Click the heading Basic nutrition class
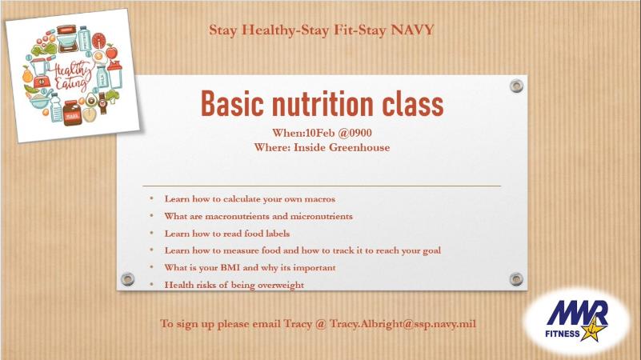pyautogui.click(x=321, y=104)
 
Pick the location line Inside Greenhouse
pyautogui.click(x=345, y=147)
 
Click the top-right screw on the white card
pyautogui.click(x=516, y=85)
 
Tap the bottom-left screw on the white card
pyautogui.click(x=127, y=278)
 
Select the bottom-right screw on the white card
pyautogui.click(x=516, y=278)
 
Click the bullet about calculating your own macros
pyautogui.click(x=250, y=198)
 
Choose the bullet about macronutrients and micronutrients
pyautogui.click(x=258, y=216)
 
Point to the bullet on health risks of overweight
pyautogui.click(x=234, y=285)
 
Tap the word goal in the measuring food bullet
pyautogui.click(x=430, y=250)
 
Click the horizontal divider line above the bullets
pyautogui.click(x=321, y=186)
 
